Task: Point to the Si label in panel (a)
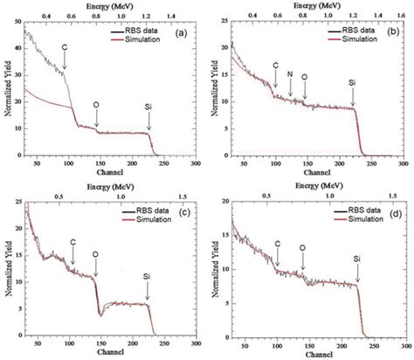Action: coord(148,106)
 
